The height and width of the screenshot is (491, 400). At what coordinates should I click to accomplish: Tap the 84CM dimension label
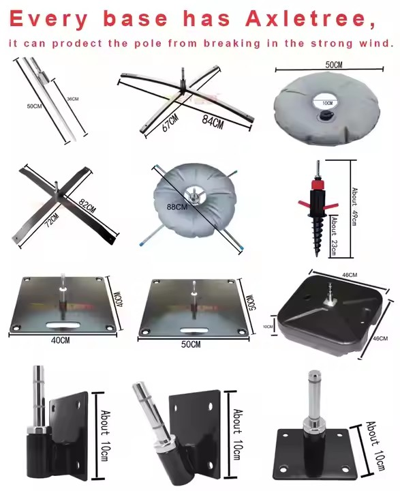point(213,122)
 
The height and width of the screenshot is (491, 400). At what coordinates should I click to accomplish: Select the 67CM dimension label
point(170,123)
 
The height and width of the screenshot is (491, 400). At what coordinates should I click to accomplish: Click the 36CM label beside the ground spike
point(73,99)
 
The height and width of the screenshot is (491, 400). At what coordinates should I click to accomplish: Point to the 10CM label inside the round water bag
point(327,103)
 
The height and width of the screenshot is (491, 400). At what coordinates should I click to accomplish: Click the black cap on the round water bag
point(325,115)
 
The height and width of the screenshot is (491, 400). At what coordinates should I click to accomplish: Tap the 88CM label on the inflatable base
point(177,207)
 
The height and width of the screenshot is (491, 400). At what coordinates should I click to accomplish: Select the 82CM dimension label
point(87,206)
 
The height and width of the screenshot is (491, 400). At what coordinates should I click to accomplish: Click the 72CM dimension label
point(52,220)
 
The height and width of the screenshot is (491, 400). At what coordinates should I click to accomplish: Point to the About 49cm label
point(354,206)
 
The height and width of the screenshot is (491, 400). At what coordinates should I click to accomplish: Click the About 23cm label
point(334,235)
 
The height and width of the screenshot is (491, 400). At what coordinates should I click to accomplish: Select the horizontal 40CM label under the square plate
point(61,340)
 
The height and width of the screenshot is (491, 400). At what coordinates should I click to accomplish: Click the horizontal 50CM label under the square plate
point(191,344)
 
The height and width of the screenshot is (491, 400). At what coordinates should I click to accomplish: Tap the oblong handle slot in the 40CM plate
point(62,325)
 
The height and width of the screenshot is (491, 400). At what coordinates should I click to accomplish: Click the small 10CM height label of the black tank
point(268,327)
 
